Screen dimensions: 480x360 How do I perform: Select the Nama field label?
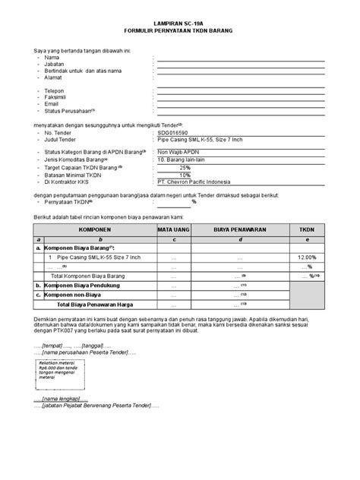coord(52,57)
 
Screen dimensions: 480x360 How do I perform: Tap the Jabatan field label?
coord(55,64)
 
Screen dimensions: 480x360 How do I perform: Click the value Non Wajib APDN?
coord(181,152)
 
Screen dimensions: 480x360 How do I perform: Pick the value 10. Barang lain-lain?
coord(185,159)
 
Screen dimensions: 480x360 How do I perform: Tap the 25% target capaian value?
coord(185,166)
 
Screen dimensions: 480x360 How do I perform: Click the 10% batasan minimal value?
coord(185,174)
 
